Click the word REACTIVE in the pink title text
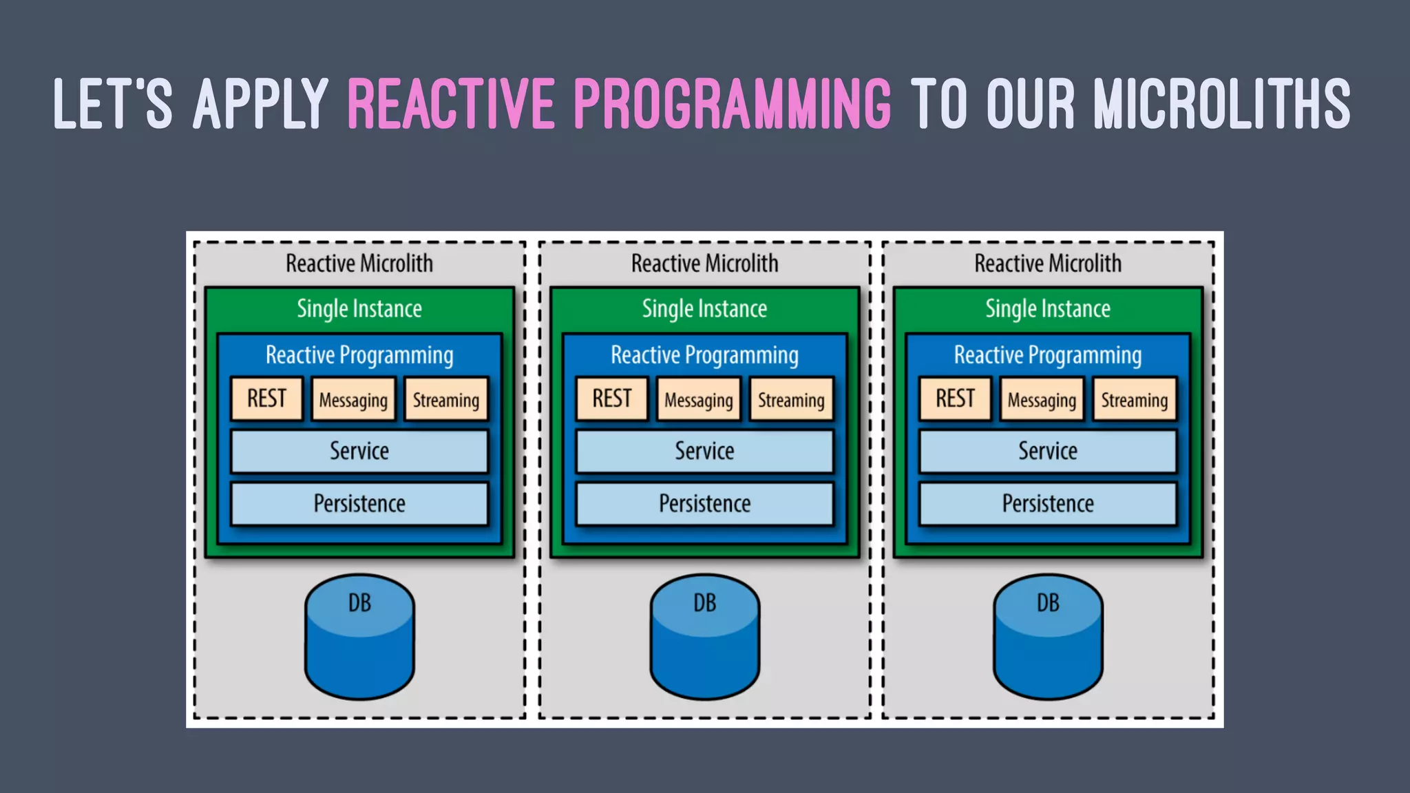pos(450,105)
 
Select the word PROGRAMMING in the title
pos(732,105)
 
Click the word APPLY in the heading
pos(260,105)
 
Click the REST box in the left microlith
pos(266,399)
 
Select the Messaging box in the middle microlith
pos(698,400)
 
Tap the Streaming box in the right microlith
pos(1134,400)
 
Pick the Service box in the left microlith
pos(359,452)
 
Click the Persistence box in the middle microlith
pos(704,504)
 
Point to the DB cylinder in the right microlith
pos(1048,637)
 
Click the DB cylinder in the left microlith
pos(359,637)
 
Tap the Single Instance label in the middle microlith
pos(704,309)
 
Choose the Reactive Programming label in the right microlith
pos(1047,355)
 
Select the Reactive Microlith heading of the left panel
pos(359,264)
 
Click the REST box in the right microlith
pos(955,399)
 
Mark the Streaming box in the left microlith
pos(445,400)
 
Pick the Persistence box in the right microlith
pos(1047,504)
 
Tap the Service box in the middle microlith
pos(704,452)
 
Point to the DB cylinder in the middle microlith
pos(704,637)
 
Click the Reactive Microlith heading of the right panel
pos(1047,264)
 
